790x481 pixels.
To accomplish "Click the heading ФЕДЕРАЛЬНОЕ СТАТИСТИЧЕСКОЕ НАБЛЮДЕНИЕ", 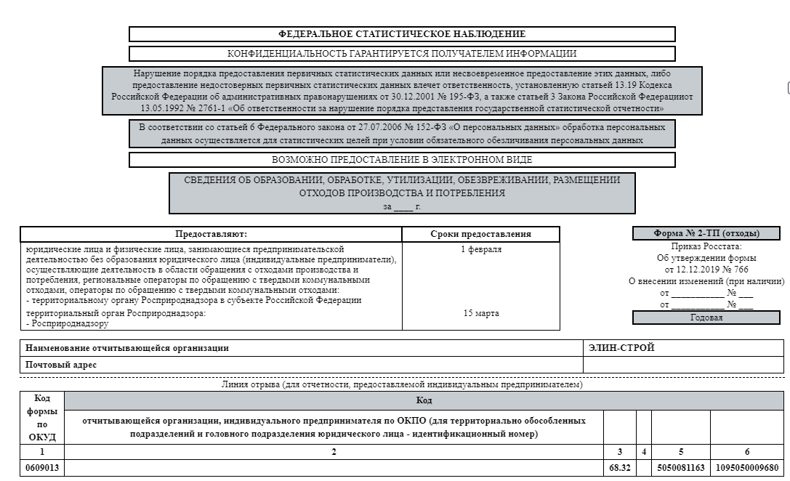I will [402, 34].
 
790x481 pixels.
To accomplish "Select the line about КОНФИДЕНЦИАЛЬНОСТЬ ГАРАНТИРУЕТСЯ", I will [402, 54].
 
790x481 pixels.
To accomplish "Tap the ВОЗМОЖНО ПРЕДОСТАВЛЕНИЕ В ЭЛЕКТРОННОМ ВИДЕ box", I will [402, 160].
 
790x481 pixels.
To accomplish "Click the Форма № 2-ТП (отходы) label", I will [706, 234].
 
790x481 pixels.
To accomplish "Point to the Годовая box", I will [706, 318].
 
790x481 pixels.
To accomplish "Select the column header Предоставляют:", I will [211, 234].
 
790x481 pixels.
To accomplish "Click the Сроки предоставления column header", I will [480, 234].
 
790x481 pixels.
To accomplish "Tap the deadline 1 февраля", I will [480, 250].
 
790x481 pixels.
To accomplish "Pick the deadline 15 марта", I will [480, 314].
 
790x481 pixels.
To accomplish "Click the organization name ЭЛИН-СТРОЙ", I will [621, 348].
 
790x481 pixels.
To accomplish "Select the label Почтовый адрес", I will [61, 365].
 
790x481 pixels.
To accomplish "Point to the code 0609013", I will [42, 468].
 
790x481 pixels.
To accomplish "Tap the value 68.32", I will [619, 468].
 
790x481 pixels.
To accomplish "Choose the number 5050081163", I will [680, 468].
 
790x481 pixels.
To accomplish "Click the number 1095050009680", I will [746, 468].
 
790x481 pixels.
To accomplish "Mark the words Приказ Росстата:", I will [706, 247].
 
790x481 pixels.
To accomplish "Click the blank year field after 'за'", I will [403, 206].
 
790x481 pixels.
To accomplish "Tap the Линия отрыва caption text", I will [402, 385].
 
